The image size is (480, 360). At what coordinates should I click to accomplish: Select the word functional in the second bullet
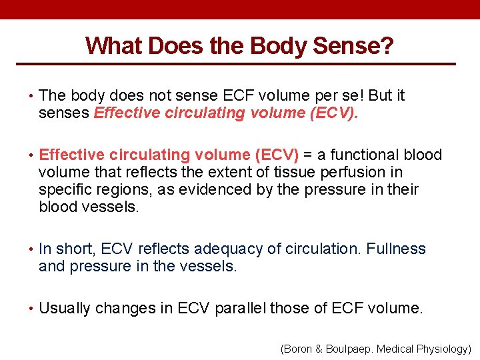coord(364,155)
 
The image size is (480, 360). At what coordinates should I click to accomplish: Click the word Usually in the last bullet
coord(65,309)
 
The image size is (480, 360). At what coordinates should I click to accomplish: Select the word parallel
coord(245,309)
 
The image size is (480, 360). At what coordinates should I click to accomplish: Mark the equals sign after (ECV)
coord(308,155)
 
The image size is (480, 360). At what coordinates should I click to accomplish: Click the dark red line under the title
coord(240,64)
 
